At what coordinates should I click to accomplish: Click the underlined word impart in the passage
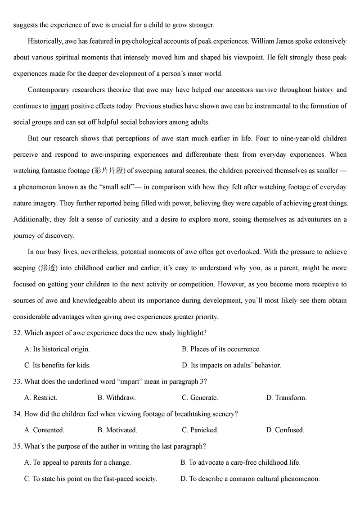point(59,106)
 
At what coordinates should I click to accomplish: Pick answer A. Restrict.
point(40,398)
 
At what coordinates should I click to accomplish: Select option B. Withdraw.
point(117,398)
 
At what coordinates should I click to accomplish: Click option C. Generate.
point(200,398)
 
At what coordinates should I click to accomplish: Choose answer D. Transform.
point(286,398)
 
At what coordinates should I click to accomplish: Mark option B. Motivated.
point(117,430)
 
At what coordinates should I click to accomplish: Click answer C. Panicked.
point(200,430)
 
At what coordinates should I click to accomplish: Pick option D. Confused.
point(285,430)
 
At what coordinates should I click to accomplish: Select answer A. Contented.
point(44,430)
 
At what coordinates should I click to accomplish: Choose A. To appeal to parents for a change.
point(77,462)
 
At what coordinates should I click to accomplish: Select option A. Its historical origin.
point(57,349)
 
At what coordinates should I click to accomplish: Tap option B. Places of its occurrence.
point(221,349)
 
